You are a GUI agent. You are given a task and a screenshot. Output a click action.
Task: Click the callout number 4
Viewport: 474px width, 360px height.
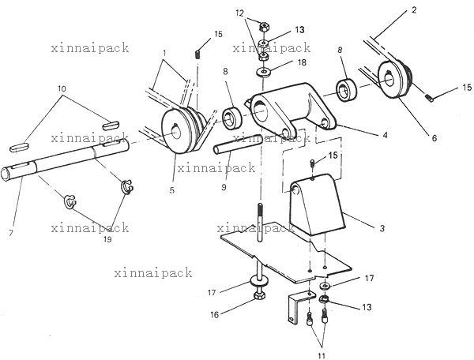tap(385, 135)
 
